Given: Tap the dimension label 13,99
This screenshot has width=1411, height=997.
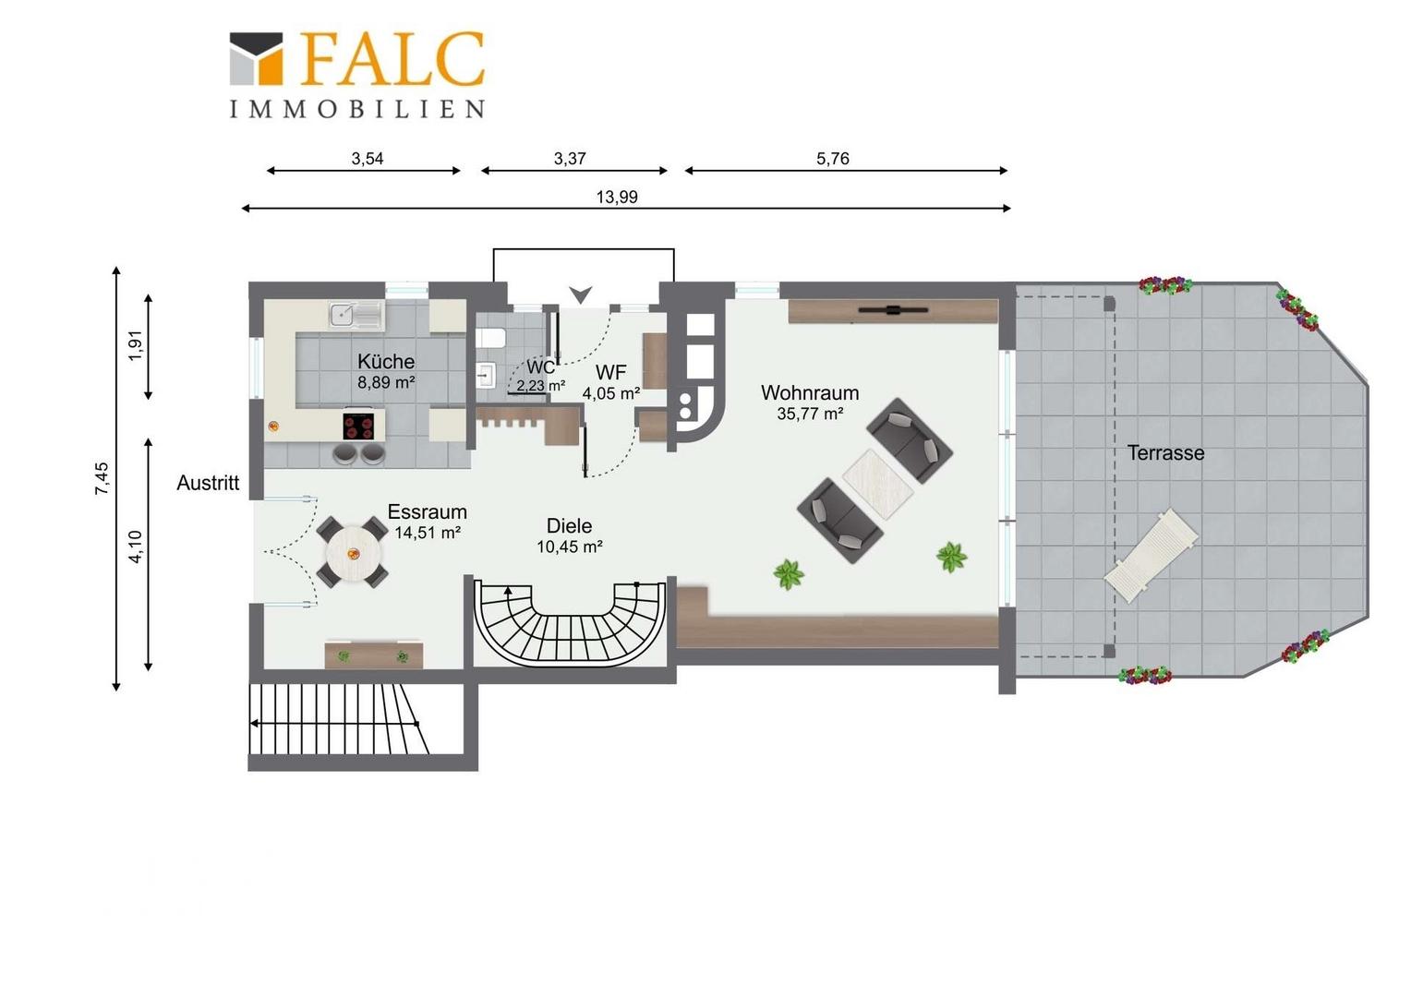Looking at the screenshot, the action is pos(617,198).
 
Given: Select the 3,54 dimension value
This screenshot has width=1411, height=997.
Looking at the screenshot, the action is pos(368,159).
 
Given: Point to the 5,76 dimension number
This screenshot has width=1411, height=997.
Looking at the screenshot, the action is pos(832,159).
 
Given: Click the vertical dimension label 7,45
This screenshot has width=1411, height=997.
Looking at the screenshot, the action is pos(103,478).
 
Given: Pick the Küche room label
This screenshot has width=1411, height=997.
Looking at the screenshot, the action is pos(385,362).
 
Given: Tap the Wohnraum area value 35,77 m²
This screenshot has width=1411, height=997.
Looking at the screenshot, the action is pos(810,414).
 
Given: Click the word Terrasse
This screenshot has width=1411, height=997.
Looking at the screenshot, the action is pos(1165,453).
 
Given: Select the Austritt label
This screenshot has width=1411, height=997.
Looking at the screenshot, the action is pos(208,483).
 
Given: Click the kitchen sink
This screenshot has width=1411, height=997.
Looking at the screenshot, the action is pos(356,314).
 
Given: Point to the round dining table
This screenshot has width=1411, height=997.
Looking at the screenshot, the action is pos(354,554).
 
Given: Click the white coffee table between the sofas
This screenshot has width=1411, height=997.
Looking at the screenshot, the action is pos(878,485).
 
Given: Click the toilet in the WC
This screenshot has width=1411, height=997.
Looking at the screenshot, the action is pos(491,339).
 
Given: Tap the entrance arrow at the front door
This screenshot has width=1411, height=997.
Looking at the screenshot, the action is pos(580,294).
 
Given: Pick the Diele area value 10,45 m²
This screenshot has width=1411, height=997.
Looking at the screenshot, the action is pos(570,547).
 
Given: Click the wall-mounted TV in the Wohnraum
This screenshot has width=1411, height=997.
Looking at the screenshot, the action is pos(893,310).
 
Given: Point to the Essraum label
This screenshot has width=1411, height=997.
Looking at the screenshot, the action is pos(427,511).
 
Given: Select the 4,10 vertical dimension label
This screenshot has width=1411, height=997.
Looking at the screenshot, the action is pos(136,547).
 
